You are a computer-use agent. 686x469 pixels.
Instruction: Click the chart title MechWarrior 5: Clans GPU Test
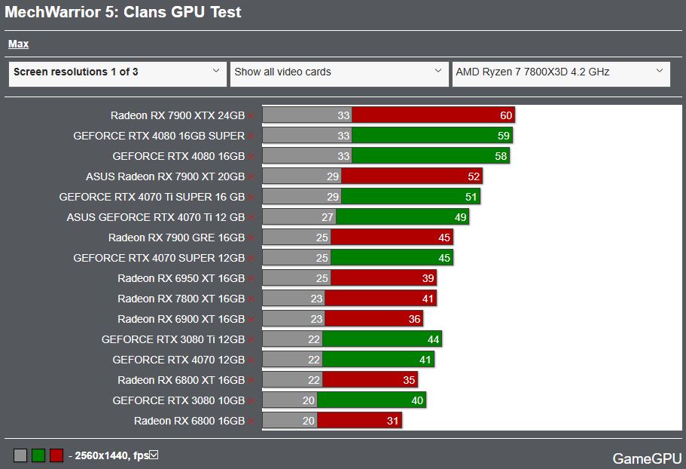tap(123, 13)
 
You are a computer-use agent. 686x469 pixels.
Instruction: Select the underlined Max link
tap(18, 44)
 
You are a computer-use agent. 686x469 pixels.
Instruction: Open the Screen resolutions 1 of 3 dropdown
tap(117, 73)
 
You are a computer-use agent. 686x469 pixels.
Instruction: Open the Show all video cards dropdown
tap(338, 73)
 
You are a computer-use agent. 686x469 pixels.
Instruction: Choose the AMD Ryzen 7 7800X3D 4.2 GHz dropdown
tap(560, 73)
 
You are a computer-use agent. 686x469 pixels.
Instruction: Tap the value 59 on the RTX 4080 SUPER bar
tap(504, 136)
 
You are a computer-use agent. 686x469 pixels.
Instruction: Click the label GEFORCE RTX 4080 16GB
tap(178, 156)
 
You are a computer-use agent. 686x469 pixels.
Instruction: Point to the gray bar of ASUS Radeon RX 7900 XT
tap(301, 176)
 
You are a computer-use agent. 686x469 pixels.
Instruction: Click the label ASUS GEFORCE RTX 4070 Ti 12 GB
tap(156, 217)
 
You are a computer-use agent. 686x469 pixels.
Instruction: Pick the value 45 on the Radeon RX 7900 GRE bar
tap(444, 238)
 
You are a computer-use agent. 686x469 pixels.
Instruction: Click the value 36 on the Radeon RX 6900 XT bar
tap(414, 319)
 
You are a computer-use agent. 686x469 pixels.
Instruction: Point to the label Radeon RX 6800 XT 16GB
tap(181, 380)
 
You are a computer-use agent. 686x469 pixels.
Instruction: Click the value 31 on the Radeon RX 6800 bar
tap(392, 421)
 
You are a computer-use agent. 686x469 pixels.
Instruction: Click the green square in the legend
tap(38, 455)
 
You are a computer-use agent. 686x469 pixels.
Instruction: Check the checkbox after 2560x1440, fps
tap(154, 455)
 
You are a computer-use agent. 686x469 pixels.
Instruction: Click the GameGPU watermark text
tap(647, 458)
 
